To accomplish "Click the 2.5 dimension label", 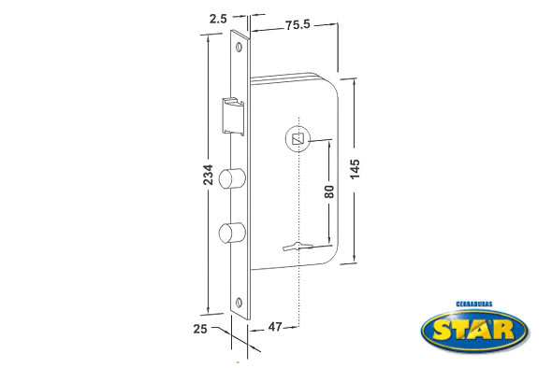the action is tap(218, 19).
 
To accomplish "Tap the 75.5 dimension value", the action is tap(298, 25).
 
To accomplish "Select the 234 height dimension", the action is tap(208, 175).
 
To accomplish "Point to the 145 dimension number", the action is tap(355, 169).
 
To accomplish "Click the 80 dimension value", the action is tap(329, 191).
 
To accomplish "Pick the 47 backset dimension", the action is tap(275, 327).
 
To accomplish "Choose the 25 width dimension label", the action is tap(200, 329).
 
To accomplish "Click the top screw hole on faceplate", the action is tap(240, 47).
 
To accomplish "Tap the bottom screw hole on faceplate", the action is tap(240, 302).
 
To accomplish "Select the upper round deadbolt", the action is tap(232, 177).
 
